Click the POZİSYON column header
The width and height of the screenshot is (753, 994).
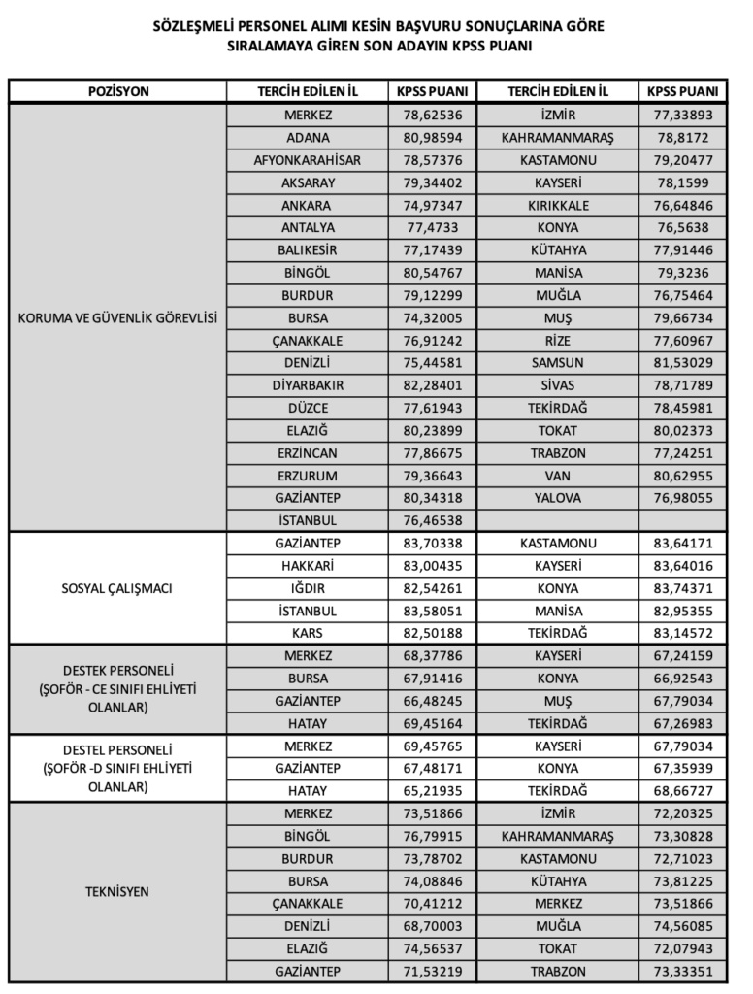click(x=118, y=91)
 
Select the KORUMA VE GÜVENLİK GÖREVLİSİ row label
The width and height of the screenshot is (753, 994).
click(x=118, y=317)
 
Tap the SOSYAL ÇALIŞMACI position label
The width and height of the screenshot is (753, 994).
click(x=118, y=588)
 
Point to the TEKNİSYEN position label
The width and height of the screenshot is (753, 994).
click(x=118, y=891)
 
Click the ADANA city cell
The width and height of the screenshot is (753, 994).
click(x=308, y=138)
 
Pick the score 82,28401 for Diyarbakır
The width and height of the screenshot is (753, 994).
click(x=433, y=385)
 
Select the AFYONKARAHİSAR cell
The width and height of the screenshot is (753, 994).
click(x=308, y=160)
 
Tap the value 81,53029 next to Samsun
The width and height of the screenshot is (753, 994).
click(x=681, y=362)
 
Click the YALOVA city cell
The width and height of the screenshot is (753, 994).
click(x=557, y=498)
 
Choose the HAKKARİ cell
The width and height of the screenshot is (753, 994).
click(x=308, y=566)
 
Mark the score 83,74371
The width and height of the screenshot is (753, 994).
click(x=681, y=588)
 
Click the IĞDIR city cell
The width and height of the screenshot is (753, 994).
click(x=308, y=588)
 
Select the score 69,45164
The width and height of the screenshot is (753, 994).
click(x=433, y=723)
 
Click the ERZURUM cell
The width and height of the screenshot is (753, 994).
click(x=308, y=476)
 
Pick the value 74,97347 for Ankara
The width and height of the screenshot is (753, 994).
click(x=433, y=206)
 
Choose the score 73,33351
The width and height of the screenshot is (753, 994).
click(x=681, y=971)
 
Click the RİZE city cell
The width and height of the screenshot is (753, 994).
click(x=557, y=341)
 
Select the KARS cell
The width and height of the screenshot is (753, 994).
click(x=308, y=633)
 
